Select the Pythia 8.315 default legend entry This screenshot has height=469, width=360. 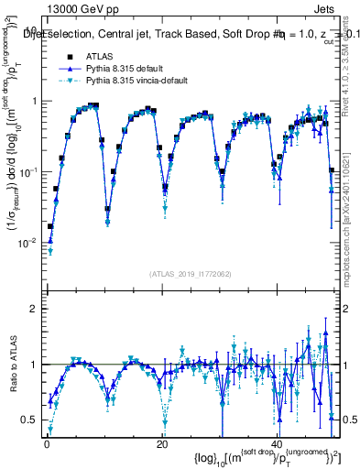[x=129, y=69]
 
